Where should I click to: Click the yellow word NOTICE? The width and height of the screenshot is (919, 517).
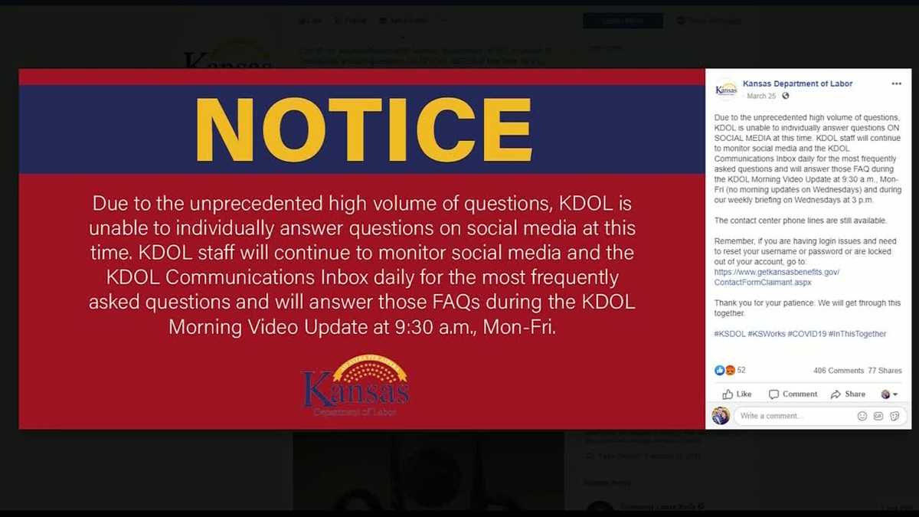click(x=364, y=128)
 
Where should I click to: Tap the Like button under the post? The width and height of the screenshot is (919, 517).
click(x=737, y=394)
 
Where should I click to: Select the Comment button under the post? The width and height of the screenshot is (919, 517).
click(x=793, y=394)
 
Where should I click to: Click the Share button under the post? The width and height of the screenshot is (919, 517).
click(x=848, y=394)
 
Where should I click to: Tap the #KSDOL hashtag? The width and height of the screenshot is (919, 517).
click(x=729, y=334)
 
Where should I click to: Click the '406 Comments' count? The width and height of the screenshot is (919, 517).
click(x=838, y=371)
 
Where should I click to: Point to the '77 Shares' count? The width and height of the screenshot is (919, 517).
click(x=885, y=371)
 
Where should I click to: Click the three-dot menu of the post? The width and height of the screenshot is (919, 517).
click(x=896, y=83)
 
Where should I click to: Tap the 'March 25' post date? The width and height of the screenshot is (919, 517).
click(x=760, y=96)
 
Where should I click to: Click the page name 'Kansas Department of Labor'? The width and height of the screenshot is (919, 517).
click(x=797, y=83)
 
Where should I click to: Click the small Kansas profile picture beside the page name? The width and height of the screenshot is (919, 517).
click(x=726, y=89)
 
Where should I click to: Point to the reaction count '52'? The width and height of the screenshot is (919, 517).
click(x=741, y=371)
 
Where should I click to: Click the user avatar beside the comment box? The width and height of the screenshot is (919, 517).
click(x=720, y=416)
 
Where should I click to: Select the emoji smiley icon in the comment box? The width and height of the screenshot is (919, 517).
click(x=862, y=416)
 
